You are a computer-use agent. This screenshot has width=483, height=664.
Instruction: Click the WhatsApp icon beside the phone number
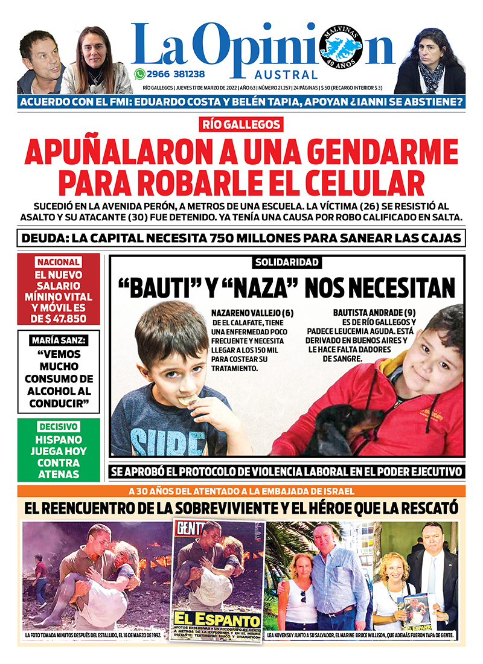(140, 74)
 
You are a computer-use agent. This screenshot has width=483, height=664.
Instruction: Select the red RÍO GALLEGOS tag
(241, 125)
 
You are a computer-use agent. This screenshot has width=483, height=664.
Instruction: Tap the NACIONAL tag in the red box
(58, 263)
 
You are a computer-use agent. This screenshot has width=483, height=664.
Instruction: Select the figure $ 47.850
(58, 319)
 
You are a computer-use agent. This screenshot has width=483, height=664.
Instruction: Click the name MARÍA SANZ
(58, 341)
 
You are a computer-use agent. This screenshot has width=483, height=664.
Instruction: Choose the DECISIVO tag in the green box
(58, 426)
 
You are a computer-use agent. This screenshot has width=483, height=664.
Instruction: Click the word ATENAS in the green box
(58, 474)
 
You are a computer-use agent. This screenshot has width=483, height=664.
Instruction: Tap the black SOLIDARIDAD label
(287, 263)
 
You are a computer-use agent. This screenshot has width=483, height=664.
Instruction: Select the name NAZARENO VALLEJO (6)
(252, 313)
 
